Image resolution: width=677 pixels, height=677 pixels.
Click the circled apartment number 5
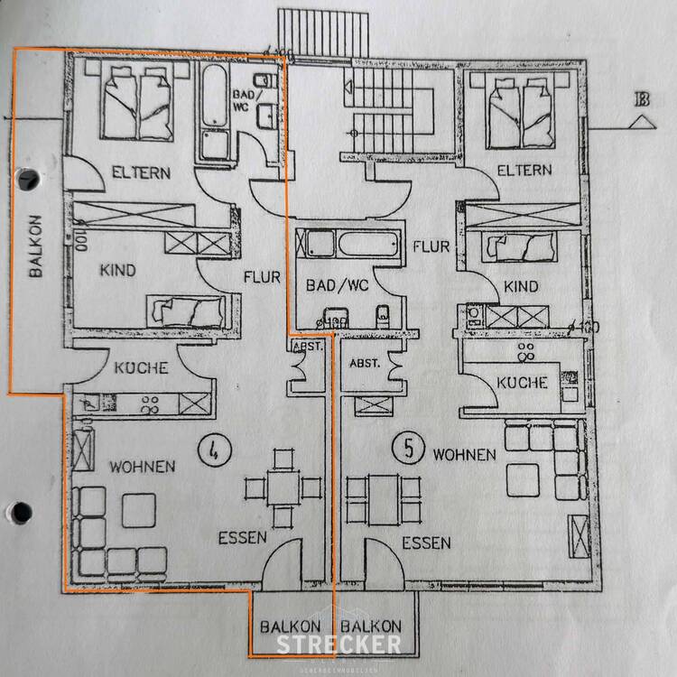click(409, 446)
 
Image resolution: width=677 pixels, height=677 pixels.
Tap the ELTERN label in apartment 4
click(141, 172)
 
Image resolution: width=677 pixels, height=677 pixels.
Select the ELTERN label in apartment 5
click(524, 170)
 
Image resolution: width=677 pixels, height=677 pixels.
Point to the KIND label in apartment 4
click(118, 270)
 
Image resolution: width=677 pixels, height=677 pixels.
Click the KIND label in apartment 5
click(521, 287)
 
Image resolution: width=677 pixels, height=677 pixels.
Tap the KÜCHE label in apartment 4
click(141, 367)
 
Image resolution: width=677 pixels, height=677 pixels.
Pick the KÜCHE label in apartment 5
click(523, 383)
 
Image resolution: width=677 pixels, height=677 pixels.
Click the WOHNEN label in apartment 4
click(142, 466)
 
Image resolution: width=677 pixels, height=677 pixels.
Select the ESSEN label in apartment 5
click(426, 543)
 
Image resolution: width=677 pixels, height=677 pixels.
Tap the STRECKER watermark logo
click(338, 644)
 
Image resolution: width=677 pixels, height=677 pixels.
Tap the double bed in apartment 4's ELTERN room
click(139, 105)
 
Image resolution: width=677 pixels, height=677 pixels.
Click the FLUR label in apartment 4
click(263, 277)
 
